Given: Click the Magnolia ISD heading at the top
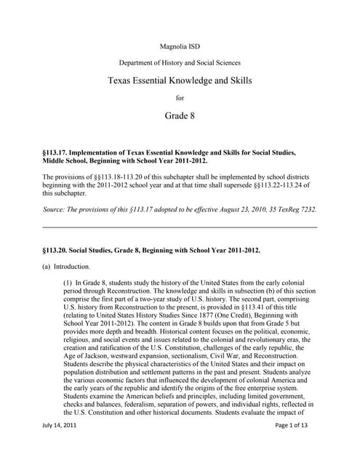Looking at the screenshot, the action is coord(179,46).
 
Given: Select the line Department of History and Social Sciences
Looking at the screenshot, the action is coord(179,63).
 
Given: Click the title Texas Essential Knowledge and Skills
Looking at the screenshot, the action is coord(179,81).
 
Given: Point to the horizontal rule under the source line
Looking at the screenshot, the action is coord(180,227).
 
